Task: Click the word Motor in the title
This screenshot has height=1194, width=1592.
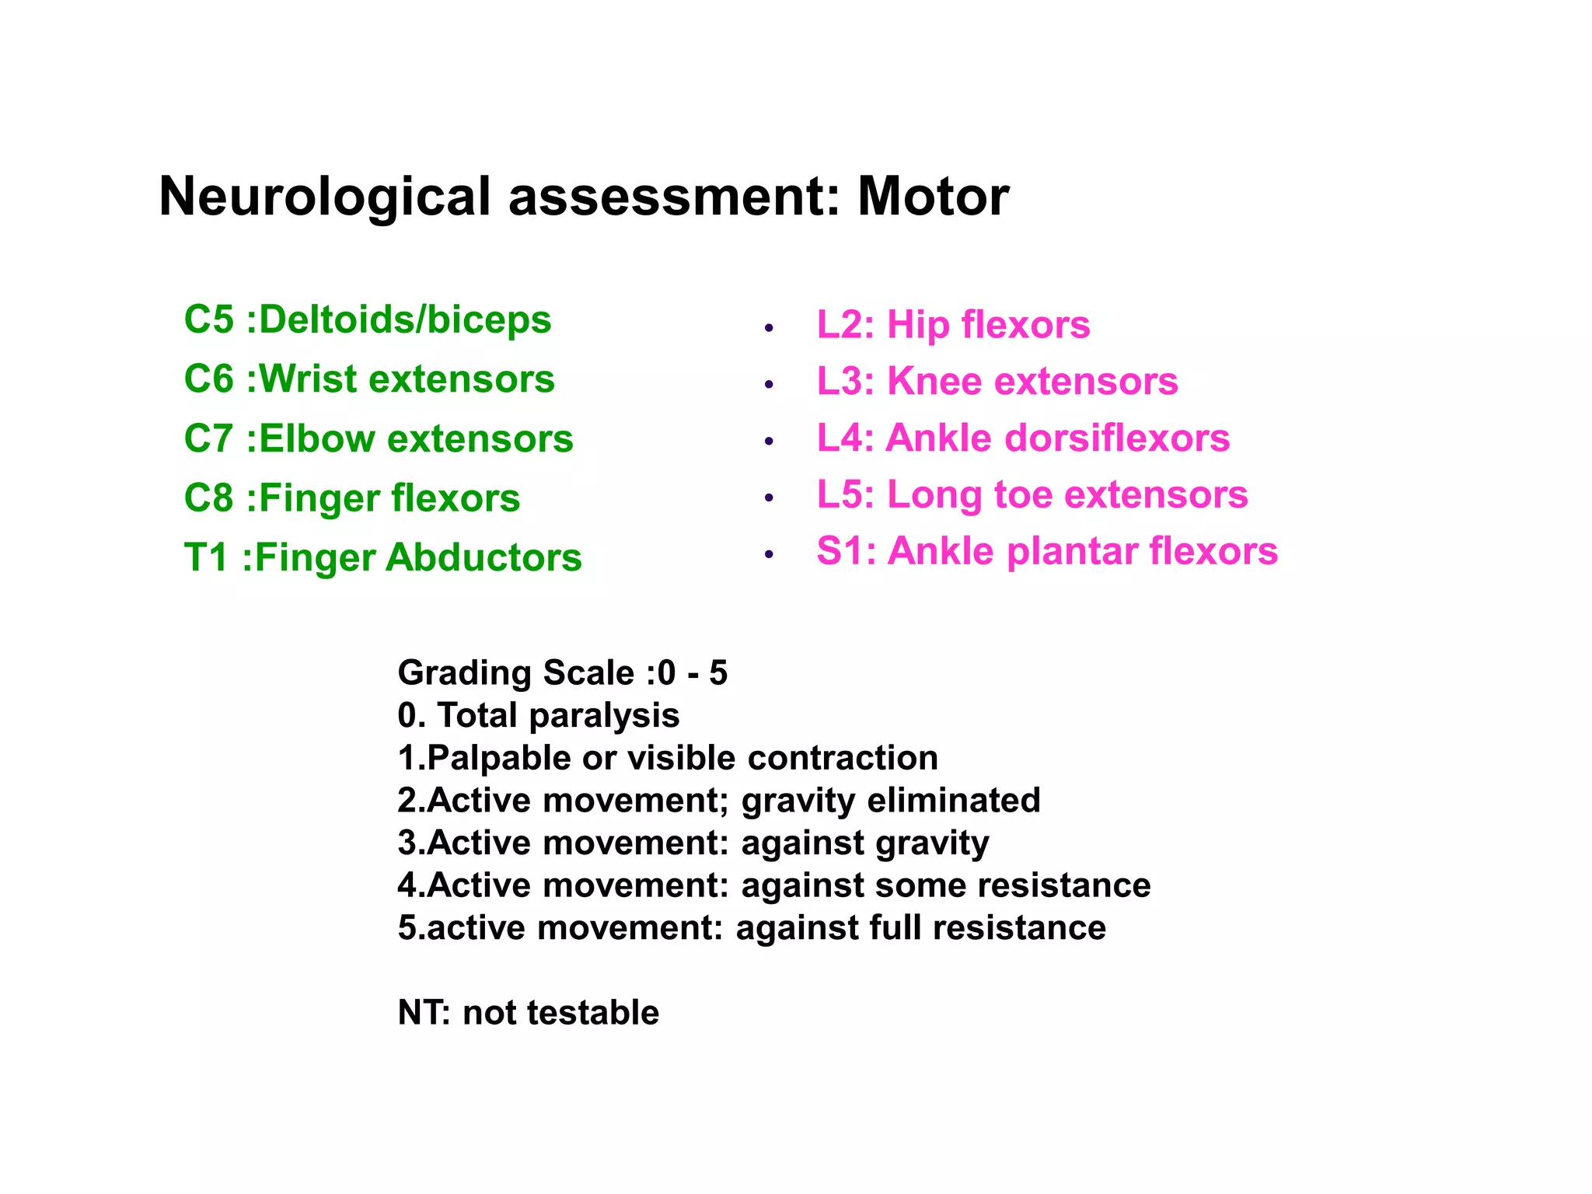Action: pyautogui.click(x=933, y=196)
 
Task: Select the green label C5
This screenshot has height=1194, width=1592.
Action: pyautogui.click(x=208, y=319)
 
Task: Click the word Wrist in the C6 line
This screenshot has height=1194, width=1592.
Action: pyautogui.click(x=307, y=379)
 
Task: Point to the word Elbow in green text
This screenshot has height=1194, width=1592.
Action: pyautogui.click(x=317, y=438)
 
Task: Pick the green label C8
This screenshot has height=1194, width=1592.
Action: pyautogui.click(x=208, y=498)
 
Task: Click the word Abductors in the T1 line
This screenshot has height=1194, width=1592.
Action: pyautogui.click(x=484, y=557)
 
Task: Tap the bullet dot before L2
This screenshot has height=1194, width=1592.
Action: pyautogui.click(x=769, y=328)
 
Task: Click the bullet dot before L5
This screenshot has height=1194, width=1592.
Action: pyautogui.click(x=769, y=497)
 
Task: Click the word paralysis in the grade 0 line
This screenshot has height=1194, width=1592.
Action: pyautogui.click(x=604, y=716)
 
